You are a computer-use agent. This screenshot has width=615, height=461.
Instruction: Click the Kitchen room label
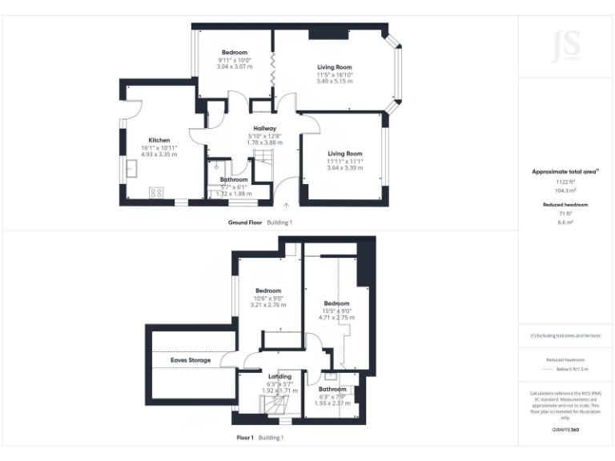point(159,140)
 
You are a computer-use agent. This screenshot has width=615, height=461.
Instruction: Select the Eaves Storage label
point(190,361)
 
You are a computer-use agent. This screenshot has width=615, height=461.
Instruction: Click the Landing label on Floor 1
point(279,376)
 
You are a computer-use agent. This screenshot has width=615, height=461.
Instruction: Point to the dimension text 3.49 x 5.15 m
point(334,81)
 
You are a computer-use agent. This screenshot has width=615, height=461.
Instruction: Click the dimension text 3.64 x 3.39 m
point(344,168)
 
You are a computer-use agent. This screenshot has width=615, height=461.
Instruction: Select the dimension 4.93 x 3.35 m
point(159,154)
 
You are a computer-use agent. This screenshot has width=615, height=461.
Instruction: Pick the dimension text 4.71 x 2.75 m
point(336,318)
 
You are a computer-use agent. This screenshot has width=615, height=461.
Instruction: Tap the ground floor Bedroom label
point(234,53)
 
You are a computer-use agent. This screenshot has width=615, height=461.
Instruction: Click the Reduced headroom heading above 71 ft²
point(565,205)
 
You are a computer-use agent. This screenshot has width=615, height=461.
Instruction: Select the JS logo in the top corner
point(565,45)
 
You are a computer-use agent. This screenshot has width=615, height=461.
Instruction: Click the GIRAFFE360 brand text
point(565,431)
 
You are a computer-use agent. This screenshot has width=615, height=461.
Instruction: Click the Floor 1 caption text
point(245,438)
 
